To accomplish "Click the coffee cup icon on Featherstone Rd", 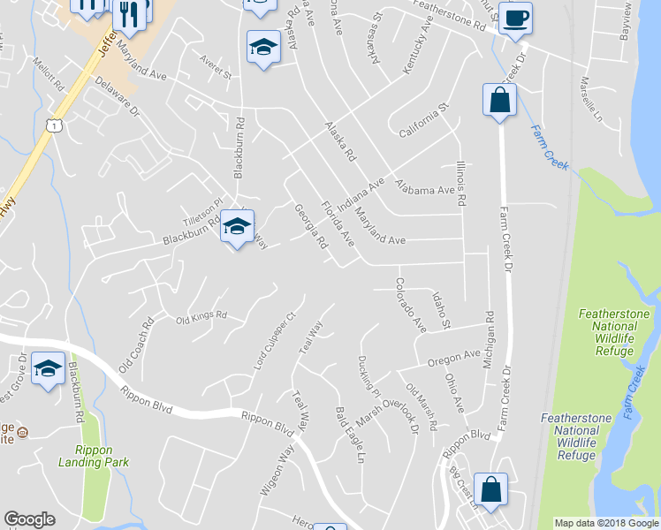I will coord(515,18).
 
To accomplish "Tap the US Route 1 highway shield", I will coord(56,126).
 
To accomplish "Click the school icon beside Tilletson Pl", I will coord(238,227).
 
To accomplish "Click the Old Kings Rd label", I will coord(201,317).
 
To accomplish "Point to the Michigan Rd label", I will coord(489,328).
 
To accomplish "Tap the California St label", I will coord(424,120).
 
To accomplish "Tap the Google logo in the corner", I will coord(29,519).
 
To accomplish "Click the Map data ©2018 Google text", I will coord(606,523).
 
